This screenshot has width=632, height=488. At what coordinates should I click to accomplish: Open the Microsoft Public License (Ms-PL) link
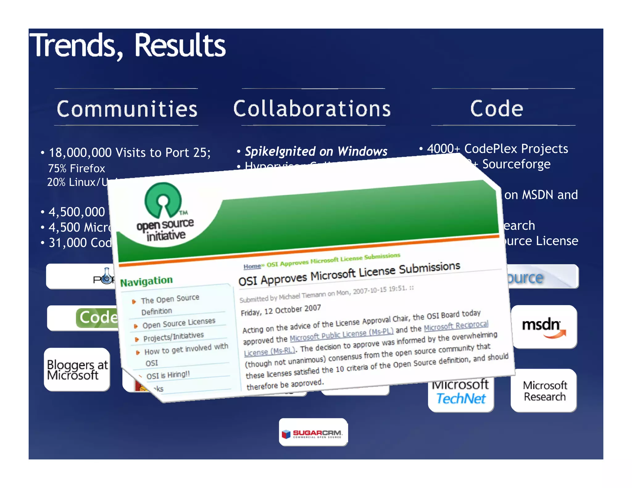pos(341,335)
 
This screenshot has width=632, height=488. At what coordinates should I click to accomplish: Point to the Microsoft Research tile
pos(545,391)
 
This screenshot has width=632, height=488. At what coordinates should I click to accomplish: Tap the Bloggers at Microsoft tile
pos(77,370)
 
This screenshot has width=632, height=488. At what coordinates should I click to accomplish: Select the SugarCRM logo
pos(313,433)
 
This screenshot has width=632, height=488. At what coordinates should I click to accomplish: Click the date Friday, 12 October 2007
pos(281,310)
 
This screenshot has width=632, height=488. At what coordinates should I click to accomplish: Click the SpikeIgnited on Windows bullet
pos(316,151)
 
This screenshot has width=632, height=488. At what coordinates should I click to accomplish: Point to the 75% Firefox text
pos(76,168)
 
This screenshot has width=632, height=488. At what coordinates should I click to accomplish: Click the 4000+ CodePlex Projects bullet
pos(497,149)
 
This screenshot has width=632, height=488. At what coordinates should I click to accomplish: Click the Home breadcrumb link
pos(252,266)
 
